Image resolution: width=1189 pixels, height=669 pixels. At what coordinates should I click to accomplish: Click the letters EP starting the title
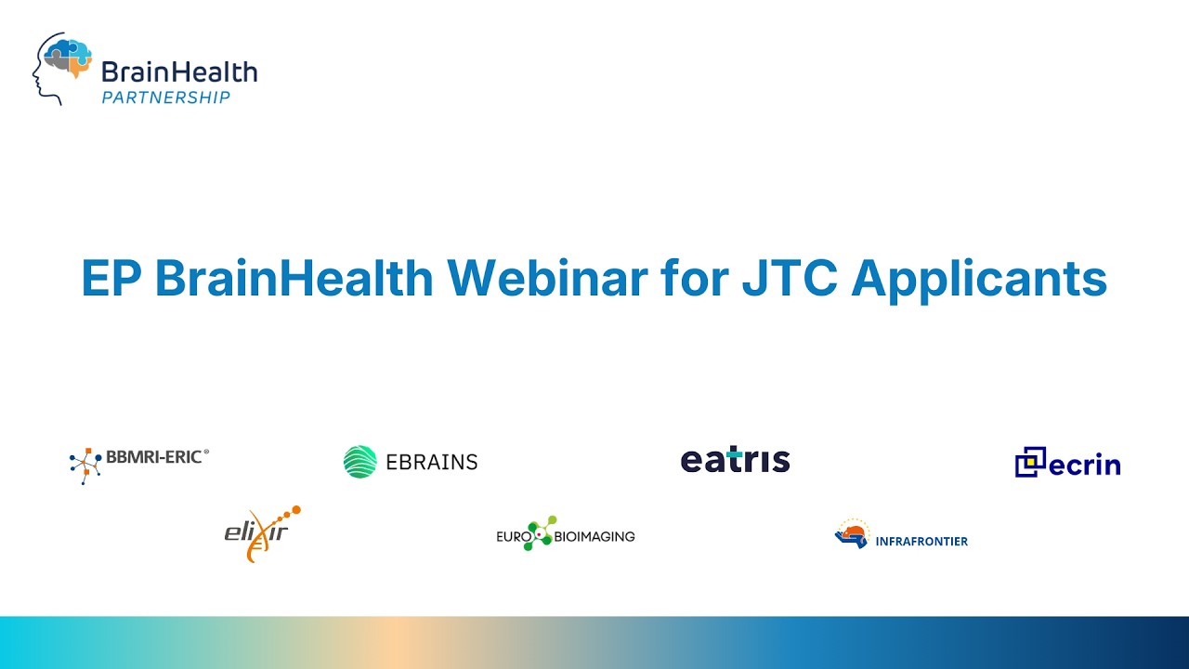tap(111, 278)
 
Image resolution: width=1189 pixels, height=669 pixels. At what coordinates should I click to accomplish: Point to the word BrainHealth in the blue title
tap(294, 278)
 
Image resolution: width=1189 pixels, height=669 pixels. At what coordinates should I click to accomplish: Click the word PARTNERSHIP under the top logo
tap(165, 97)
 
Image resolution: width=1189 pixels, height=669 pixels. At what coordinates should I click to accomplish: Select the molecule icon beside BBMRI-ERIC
tap(85, 466)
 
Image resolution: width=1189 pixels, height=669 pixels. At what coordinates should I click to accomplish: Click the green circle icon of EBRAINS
tap(359, 462)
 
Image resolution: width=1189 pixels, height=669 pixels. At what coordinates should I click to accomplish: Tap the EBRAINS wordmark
tap(431, 462)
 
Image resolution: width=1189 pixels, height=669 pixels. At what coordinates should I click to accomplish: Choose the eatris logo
tap(735, 460)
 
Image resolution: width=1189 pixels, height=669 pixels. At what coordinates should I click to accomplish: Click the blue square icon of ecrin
tap(1030, 462)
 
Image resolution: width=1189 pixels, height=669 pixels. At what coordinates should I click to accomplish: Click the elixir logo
tap(262, 532)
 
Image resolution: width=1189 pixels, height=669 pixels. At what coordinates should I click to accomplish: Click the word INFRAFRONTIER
tap(921, 541)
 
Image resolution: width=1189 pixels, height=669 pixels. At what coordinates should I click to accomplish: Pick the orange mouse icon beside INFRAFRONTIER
tap(851, 534)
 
